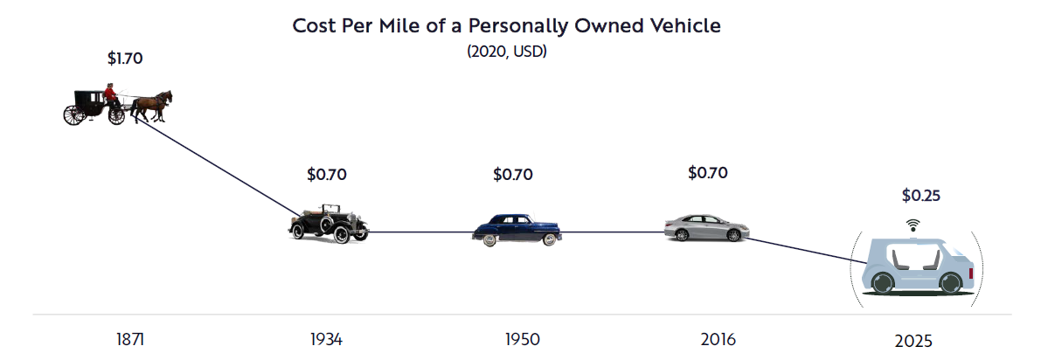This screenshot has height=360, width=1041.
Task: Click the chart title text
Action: (x=506, y=25)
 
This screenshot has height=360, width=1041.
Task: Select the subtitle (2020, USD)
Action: (x=506, y=52)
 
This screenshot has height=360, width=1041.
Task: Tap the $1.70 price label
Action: (x=124, y=59)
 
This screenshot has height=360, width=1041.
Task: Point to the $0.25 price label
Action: (x=920, y=196)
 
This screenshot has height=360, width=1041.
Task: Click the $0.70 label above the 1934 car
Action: (x=327, y=174)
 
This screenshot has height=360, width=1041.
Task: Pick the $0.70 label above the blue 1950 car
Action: (x=513, y=174)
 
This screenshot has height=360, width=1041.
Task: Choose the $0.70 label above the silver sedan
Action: (x=707, y=172)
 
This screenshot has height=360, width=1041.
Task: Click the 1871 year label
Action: (x=130, y=339)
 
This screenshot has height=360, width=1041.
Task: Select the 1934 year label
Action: (x=326, y=339)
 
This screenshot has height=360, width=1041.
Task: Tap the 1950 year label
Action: (x=522, y=339)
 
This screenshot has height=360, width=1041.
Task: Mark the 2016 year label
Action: (x=718, y=339)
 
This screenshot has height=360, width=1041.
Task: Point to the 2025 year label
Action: (x=914, y=341)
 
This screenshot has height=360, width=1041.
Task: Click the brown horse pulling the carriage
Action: (x=156, y=103)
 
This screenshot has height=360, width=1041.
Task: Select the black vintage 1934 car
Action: (x=328, y=224)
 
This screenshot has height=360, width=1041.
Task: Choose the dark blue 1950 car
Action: (x=517, y=229)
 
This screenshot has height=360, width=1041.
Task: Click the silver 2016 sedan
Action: (x=706, y=227)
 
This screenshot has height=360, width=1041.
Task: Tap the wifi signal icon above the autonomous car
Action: (x=913, y=225)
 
